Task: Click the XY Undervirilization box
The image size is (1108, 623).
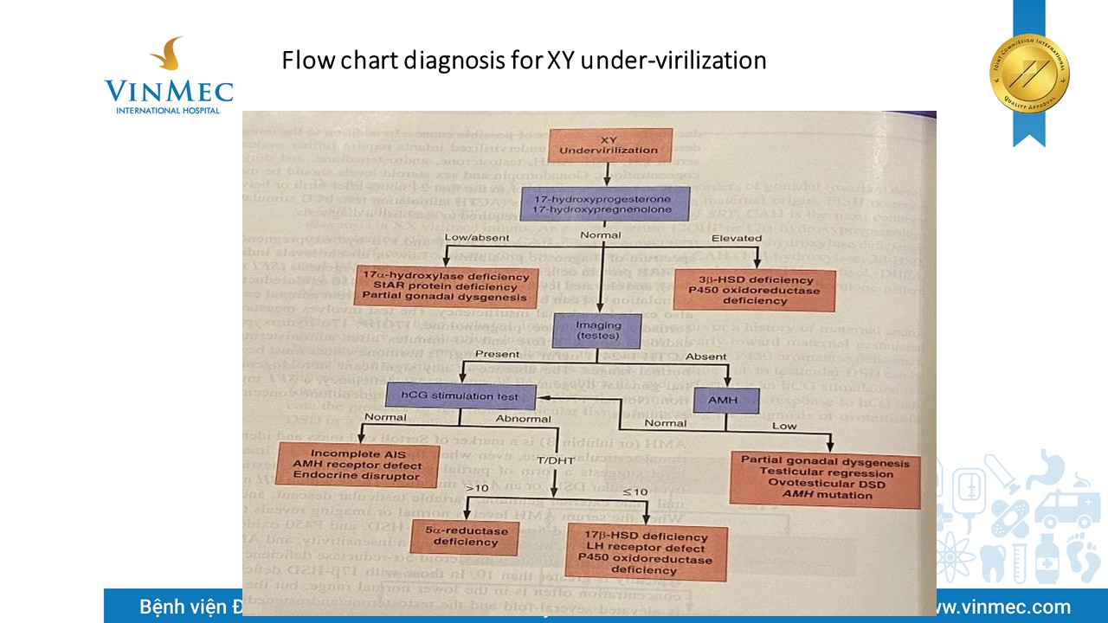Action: coord(610,145)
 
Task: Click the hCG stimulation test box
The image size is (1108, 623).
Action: coord(460,396)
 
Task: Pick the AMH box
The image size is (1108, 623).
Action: coord(727,400)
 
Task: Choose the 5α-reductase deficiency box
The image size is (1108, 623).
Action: coord(465,536)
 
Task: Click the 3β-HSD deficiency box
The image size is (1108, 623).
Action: coord(753,291)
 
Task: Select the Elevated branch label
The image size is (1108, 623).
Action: coord(736,238)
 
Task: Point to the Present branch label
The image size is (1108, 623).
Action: coord(497,354)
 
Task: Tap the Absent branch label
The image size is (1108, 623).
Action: coord(706,356)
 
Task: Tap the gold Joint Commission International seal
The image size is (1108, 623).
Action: coord(1029,73)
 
